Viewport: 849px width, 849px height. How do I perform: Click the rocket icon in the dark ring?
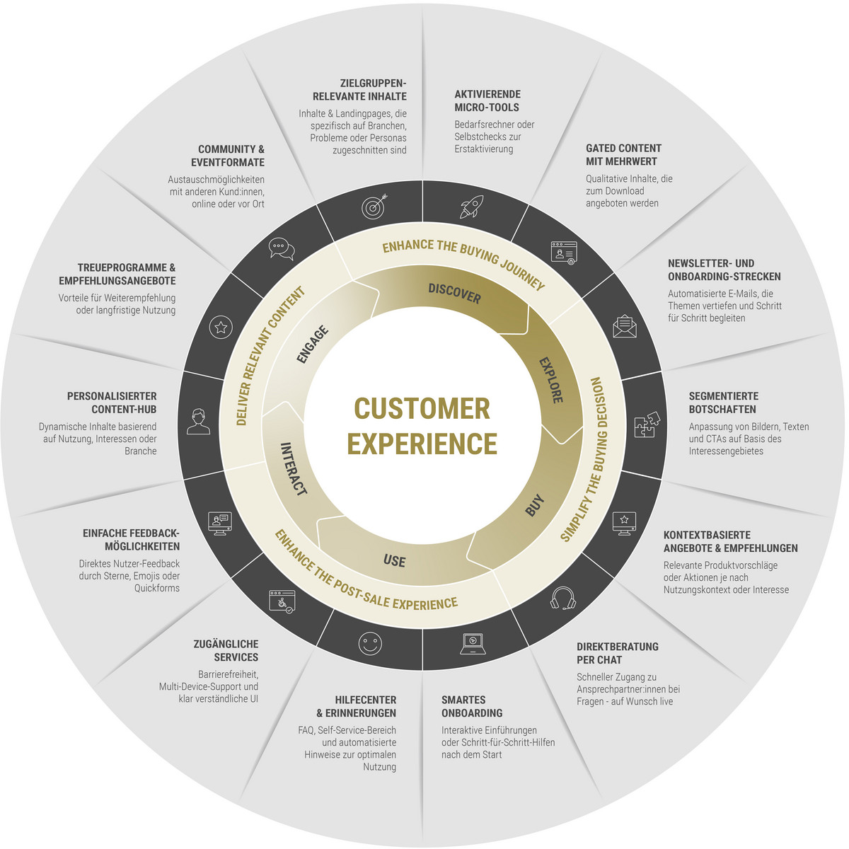(x=470, y=206)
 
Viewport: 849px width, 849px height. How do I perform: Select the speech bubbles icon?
(x=281, y=249)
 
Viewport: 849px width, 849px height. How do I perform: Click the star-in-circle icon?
(x=221, y=327)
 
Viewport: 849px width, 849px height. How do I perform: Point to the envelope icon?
(x=625, y=325)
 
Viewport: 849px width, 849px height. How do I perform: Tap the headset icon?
(x=562, y=598)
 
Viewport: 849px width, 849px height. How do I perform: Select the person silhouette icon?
(x=199, y=422)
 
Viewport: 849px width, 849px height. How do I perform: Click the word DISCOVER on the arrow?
(x=454, y=293)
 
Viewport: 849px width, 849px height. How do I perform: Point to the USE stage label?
(x=394, y=561)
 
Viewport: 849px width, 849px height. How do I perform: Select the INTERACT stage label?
(x=294, y=469)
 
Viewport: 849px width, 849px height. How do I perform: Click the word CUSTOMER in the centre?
(x=422, y=409)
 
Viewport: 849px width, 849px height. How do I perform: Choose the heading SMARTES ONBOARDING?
(x=472, y=706)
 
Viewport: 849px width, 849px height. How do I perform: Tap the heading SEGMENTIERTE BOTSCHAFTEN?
(x=723, y=403)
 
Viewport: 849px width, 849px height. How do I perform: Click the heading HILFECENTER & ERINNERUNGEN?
(x=356, y=706)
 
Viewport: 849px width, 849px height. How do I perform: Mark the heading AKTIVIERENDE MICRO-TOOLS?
(x=487, y=100)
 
